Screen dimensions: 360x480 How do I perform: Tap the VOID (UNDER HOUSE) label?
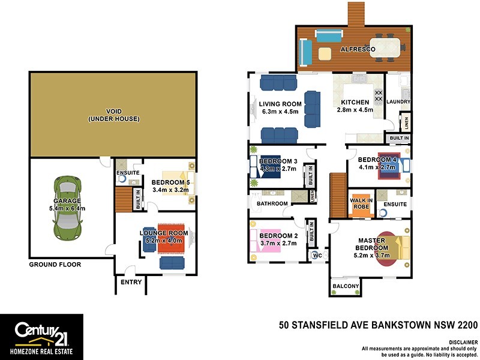113,115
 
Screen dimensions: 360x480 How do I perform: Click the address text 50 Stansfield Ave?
379,326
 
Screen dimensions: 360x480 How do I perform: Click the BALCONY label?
346,286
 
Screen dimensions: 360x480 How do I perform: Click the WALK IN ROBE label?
362,203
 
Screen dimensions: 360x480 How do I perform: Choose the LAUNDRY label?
399,102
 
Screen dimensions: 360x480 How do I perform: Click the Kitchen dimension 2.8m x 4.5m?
355,110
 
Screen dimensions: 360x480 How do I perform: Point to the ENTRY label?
131,282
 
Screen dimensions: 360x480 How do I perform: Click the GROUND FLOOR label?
55,264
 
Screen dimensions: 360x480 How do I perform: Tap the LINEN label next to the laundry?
406,123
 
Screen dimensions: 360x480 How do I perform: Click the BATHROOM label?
272,204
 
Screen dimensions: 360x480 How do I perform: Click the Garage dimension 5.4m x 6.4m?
68,208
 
